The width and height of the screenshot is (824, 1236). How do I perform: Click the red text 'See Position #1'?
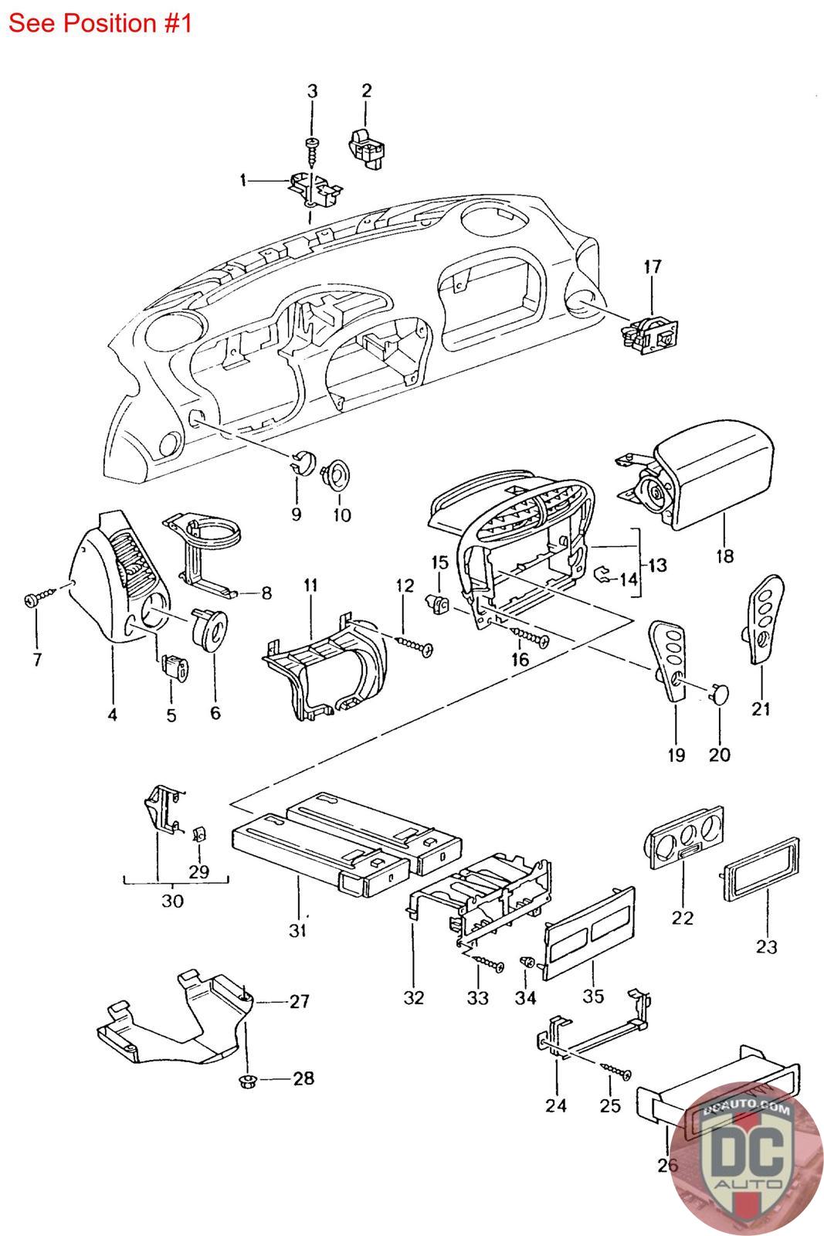pyautogui.click(x=100, y=23)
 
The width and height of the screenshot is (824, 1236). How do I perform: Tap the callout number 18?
pyautogui.click(x=724, y=555)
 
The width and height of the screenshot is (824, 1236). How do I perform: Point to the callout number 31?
pyautogui.click(x=299, y=932)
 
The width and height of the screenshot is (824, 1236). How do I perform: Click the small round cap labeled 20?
pyautogui.click(x=720, y=693)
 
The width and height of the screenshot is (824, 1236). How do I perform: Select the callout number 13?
pyautogui.click(x=657, y=565)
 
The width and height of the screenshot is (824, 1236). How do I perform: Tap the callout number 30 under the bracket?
pyautogui.click(x=172, y=901)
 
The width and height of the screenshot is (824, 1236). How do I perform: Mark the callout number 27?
pyautogui.click(x=299, y=1002)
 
